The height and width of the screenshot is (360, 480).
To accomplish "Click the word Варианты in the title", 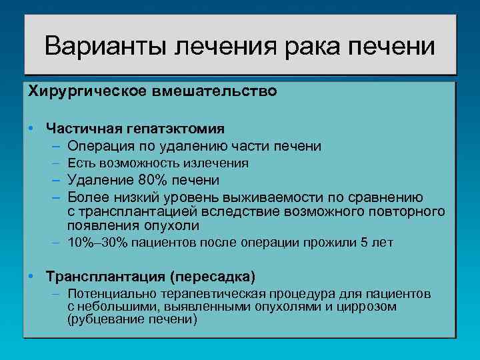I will click(x=106, y=47).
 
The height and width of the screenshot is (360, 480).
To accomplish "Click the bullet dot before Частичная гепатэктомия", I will click(x=32, y=127).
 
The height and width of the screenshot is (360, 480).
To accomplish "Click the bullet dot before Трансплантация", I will click(x=32, y=275).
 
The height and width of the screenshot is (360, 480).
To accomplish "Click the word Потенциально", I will click(x=107, y=293).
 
